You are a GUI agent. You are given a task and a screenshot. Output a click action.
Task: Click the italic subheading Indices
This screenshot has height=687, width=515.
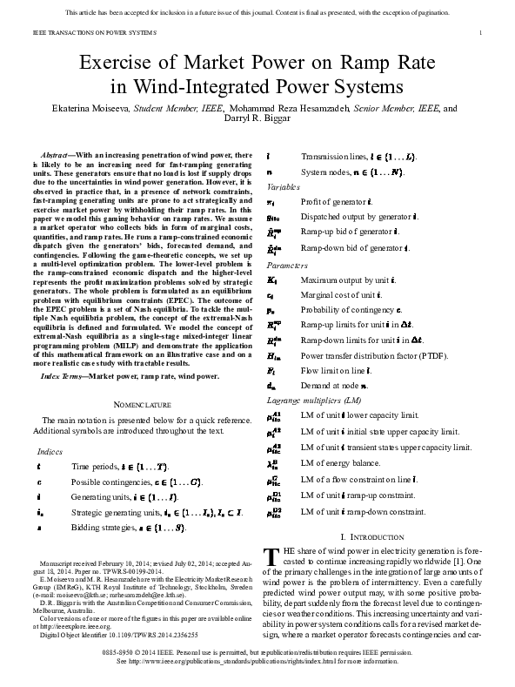pos(50,451)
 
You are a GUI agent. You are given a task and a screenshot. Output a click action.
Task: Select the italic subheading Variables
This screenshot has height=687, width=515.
pos(284,187)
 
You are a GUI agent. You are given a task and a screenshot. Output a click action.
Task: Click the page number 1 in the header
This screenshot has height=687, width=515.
pos(480,33)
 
